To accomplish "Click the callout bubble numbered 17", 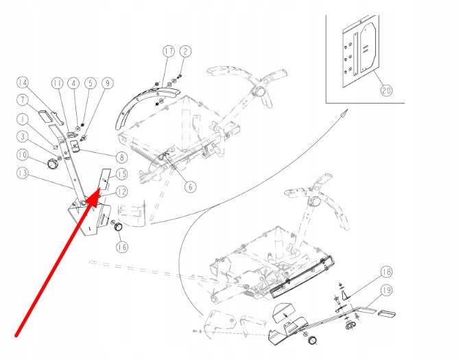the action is pyautogui.click(x=169, y=52).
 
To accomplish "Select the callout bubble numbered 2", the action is pyautogui.click(x=186, y=52).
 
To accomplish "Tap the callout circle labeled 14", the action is pyautogui.click(x=23, y=84).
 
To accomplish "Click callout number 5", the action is pyautogui.click(x=89, y=84).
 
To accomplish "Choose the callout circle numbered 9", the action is pyautogui.click(x=106, y=84).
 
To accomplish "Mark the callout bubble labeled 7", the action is pyautogui.click(x=23, y=101).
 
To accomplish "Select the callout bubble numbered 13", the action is pyautogui.click(x=23, y=174).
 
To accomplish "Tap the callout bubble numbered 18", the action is pyautogui.click(x=386, y=272).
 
